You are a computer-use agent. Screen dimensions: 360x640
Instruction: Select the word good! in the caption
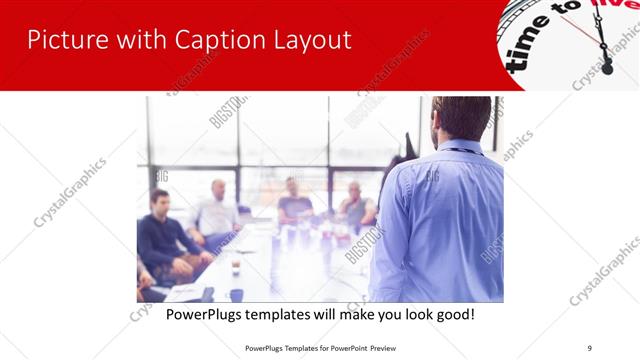[453, 314]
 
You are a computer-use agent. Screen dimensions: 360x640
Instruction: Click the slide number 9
[590, 347]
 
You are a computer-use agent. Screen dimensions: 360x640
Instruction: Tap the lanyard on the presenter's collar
[462, 150]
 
